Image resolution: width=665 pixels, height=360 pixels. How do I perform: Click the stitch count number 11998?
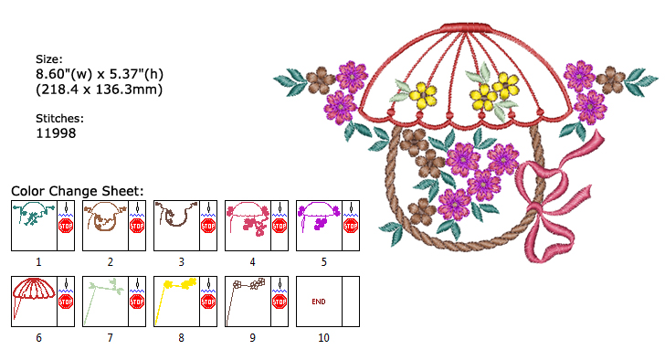(55, 133)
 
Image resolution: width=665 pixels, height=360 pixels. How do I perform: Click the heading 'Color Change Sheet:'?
(78, 190)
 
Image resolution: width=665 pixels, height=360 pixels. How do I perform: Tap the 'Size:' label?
(50, 59)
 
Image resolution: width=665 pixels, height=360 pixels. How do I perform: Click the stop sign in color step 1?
(66, 225)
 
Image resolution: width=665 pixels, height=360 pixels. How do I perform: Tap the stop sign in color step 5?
(351, 225)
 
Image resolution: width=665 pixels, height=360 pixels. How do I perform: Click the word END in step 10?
(319, 301)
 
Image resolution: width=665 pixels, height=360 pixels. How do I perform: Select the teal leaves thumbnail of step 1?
(33, 217)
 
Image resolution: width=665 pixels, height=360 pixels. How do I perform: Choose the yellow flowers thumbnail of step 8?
(175, 292)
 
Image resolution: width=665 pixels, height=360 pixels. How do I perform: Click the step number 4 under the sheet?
(252, 262)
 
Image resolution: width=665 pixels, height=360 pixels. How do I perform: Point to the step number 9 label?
(252, 338)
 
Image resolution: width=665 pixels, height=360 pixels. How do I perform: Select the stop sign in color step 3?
(208, 225)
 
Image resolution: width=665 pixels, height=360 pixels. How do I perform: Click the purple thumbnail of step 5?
(318, 217)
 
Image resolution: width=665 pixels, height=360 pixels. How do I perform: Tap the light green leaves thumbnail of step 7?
(104, 292)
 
